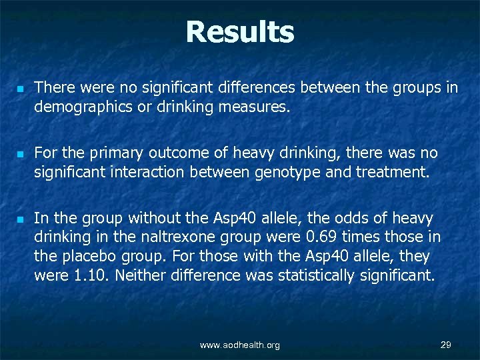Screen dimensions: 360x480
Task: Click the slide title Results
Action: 239,32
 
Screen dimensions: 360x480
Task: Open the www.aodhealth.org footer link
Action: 240,345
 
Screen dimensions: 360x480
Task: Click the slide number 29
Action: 446,344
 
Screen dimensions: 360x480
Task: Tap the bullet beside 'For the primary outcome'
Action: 19,154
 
